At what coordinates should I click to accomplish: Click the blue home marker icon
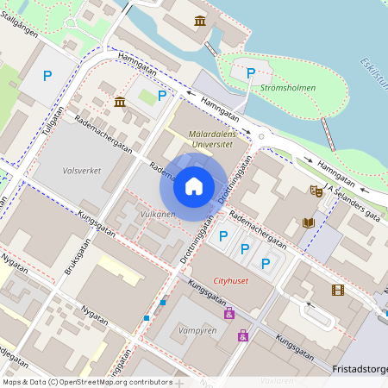[194, 185]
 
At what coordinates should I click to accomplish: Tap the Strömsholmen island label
[287, 88]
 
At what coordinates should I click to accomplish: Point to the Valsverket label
[82, 171]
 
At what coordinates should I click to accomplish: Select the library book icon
[309, 222]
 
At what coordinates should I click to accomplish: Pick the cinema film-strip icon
[336, 291]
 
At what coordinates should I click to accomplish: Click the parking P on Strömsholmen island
[251, 73]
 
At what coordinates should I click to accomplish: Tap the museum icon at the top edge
[200, 20]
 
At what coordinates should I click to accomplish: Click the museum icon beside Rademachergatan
[119, 103]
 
